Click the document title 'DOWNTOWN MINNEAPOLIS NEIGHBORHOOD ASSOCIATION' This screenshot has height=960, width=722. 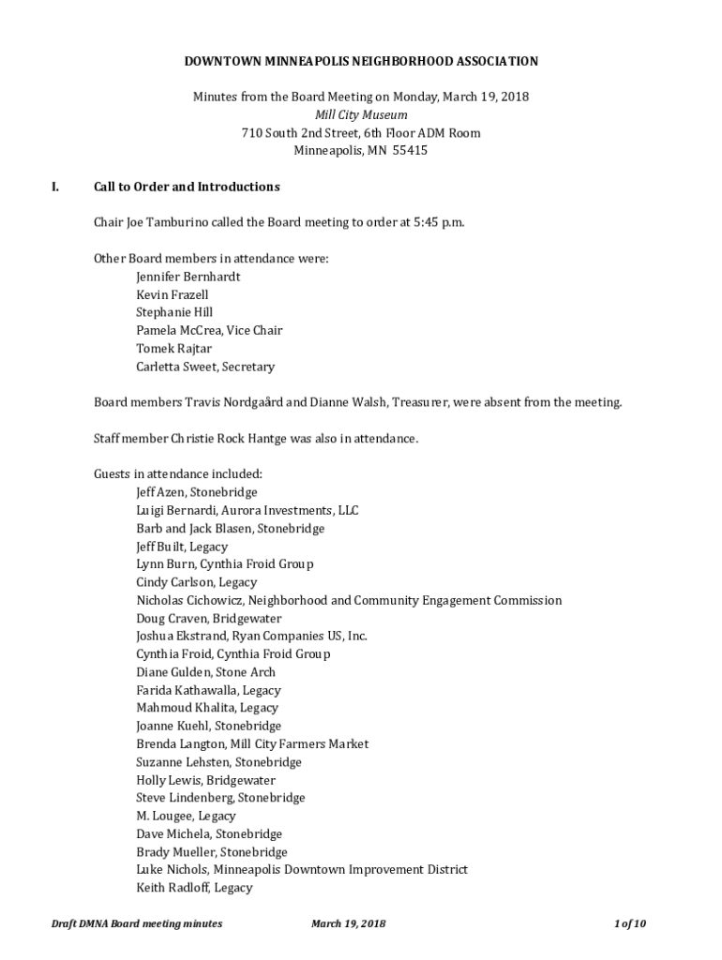[x=361, y=61]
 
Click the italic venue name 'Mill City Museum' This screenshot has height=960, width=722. [x=361, y=115]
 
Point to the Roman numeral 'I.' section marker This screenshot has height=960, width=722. [x=55, y=187]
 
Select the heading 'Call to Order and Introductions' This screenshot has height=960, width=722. [x=187, y=187]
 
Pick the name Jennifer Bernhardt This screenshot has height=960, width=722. [x=188, y=277]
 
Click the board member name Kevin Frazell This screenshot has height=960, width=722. [x=173, y=294]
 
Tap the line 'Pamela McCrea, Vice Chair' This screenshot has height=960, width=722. [x=208, y=330]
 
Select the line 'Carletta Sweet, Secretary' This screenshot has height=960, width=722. [x=204, y=367]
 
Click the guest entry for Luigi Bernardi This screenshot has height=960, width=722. [x=247, y=511]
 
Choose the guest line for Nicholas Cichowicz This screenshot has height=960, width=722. [x=349, y=600]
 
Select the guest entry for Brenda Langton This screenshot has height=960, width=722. [x=251, y=743]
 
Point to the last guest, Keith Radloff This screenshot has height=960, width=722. [x=194, y=887]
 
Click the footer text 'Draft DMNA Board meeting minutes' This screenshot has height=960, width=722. [x=137, y=923]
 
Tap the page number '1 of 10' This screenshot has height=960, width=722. [x=630, y=923]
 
